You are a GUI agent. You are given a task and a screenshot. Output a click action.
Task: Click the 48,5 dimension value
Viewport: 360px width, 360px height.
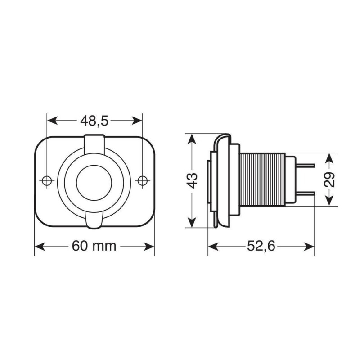(94, 121)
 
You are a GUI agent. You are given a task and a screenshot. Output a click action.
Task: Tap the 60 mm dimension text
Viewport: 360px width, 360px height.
(94, 246)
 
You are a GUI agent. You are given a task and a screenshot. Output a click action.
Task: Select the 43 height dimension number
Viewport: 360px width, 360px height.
(192, 180)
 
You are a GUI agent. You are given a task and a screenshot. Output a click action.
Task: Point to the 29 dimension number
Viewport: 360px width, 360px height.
(330, 179)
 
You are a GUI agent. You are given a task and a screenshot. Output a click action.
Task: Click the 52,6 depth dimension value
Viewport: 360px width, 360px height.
(261, 246)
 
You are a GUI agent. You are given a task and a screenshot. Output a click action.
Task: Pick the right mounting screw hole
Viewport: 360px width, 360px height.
(143, 180)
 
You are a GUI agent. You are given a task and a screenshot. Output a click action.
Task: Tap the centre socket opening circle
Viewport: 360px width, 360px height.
(94, 180)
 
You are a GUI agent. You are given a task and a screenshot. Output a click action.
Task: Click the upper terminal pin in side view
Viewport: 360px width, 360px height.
(305, 165)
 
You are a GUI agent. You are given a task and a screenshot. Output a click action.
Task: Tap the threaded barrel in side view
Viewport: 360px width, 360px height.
(262, 180)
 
